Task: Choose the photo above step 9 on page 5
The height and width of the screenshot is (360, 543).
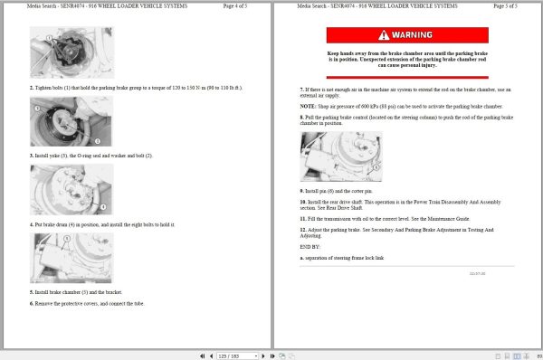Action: pyautogui.click(x=340, y=156)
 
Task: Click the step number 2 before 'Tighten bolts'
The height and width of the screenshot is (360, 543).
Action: pyautogui.click(x=32, y=88)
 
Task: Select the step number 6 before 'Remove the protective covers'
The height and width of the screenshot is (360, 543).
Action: pyautogui.click(x=32, y=304)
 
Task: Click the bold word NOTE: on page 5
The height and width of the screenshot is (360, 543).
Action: pyautogui.click(x=309, y=106)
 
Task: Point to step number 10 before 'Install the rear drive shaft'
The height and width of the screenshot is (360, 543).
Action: pyautogui.click(x=303, y=202)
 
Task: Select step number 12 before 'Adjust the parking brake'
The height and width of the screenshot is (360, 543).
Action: pyautogui.click(x=303, y=230)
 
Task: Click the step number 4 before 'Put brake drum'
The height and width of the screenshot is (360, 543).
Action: pyautogui.click(x=32, y=224)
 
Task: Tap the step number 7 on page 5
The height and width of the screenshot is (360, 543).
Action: pyautogui.click(x=301, y=90)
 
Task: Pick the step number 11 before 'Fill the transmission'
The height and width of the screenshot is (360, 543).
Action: pyautogui.click(x=303, y=218)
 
